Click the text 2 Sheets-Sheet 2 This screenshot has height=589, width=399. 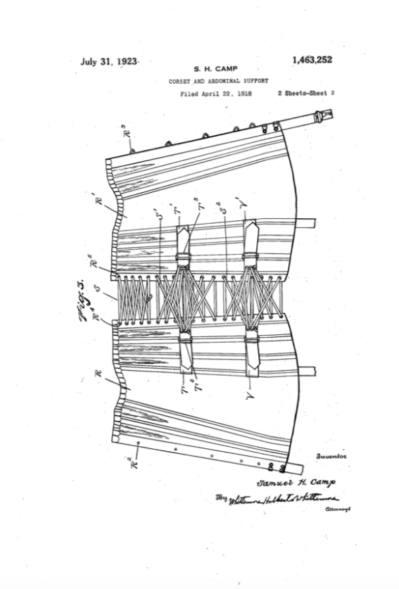point(305,93)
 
